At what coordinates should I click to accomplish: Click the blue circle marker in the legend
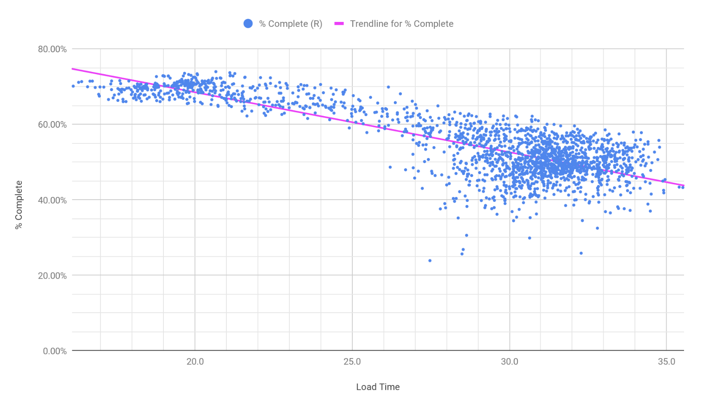point(248,24)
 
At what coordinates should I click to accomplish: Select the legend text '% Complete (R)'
point(291,24)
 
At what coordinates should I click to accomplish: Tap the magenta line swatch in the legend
point(339,24)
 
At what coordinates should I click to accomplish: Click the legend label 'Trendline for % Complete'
point(401,24)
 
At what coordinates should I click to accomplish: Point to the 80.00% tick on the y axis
point(52,49)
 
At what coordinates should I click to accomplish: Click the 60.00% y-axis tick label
point(52,125)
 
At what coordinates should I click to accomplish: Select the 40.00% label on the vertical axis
point(52,200)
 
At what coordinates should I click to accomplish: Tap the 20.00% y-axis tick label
point(52,276)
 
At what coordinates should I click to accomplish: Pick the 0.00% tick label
point(54,351)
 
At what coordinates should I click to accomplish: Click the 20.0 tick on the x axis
point(195,362)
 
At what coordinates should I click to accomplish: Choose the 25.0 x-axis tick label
point(352,362)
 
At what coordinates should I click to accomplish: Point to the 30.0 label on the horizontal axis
point(509,362)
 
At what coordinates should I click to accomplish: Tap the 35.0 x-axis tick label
point(667,362)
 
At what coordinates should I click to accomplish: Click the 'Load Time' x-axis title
point(378,387)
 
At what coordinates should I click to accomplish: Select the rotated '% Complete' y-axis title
point(19,205)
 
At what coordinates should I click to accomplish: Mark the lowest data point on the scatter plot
point(430,260)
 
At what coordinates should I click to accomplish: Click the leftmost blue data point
point(73,86)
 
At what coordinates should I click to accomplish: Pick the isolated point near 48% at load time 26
point(390,167)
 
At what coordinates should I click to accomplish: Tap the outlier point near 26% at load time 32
point(581,253)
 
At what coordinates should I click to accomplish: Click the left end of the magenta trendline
point(73,69)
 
